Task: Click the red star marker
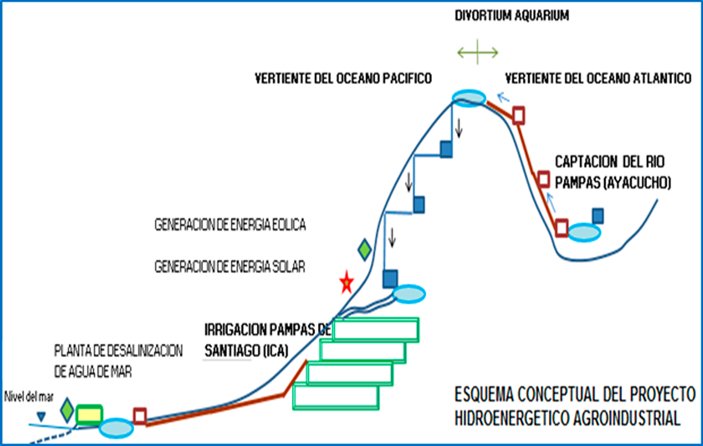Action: pyautogui.click(x=347, y=283)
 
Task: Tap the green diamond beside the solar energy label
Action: pyautogui.click(x=365, y=250)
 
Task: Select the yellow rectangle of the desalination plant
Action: pyautogui.click(x=89, y=414)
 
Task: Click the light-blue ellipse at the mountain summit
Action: pyautogui.click(x=469, y=97)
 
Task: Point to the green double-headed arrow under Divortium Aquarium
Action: pyautogui.click(x=477, y=53)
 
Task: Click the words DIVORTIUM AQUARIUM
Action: pyautogui.click(x=512, y=16)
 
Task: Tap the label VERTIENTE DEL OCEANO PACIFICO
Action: pyautogui.click(x=343, y=78)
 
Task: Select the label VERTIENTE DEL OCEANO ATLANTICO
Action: pyautogui.click(x=598, y=78)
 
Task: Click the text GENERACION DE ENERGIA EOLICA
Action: pyautogui.click(x=230, y=225)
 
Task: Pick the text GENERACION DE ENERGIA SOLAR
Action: pyautogui.click(x=230, y=267)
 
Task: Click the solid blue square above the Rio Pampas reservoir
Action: pyautogui.click(x=597, y=216)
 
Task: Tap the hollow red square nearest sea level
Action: pyautogui.click(x=139, y=416)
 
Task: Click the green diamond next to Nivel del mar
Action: pyautogui.click(x=67, y=410)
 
